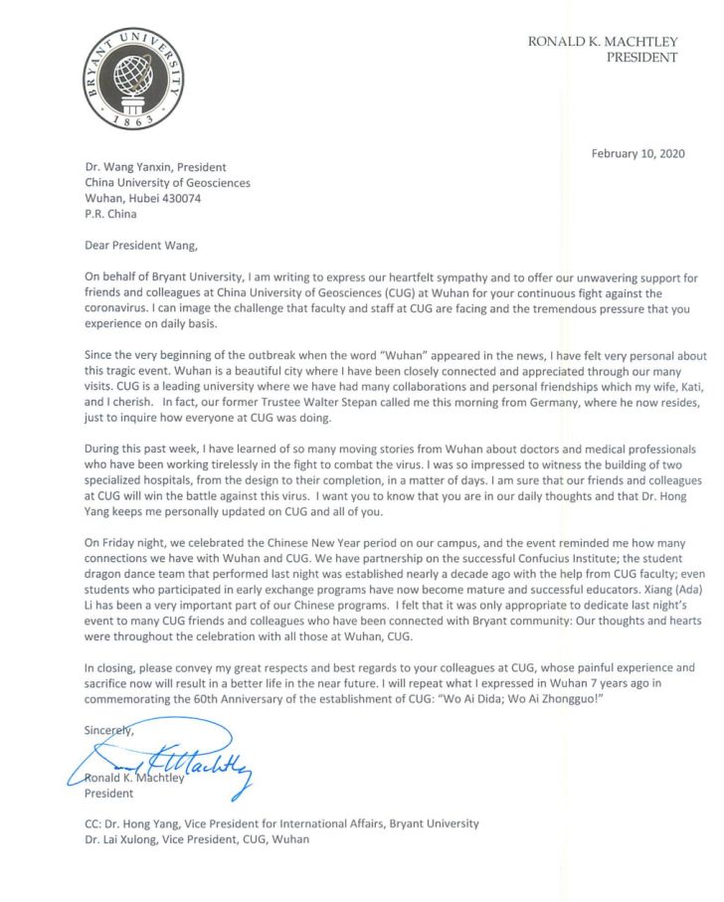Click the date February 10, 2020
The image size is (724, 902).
click(632, 153)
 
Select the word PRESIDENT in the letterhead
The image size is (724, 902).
click(641, 58)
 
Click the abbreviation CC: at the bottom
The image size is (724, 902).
click(95, 824)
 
